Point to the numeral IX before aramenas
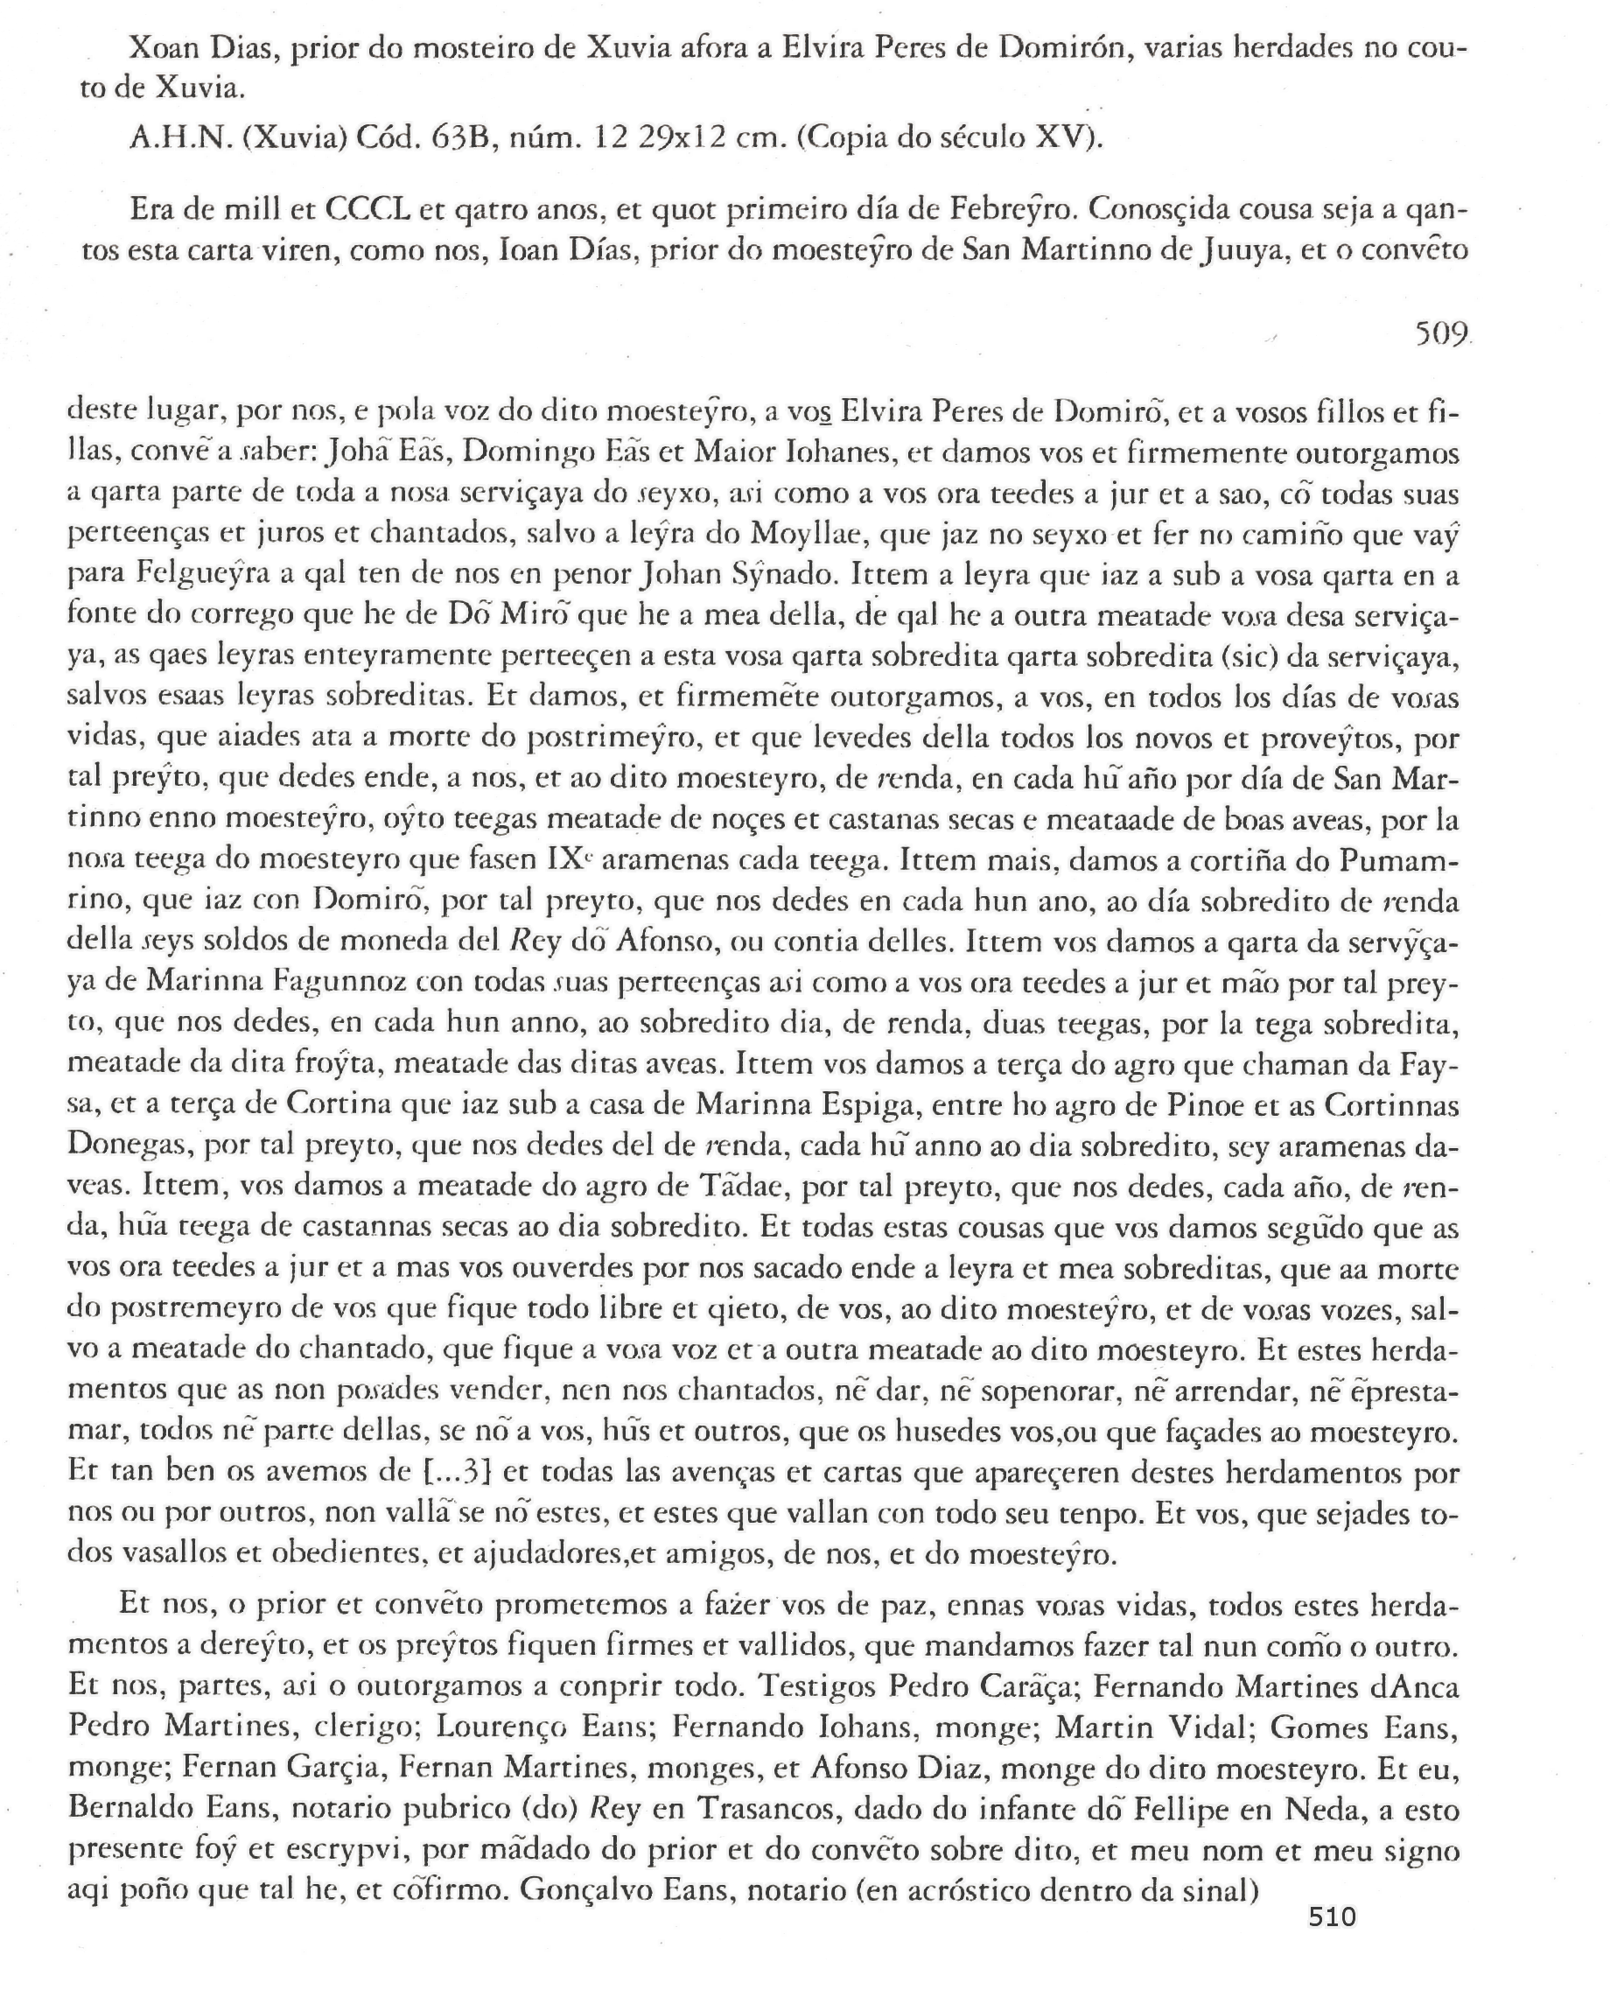(570, 860)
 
